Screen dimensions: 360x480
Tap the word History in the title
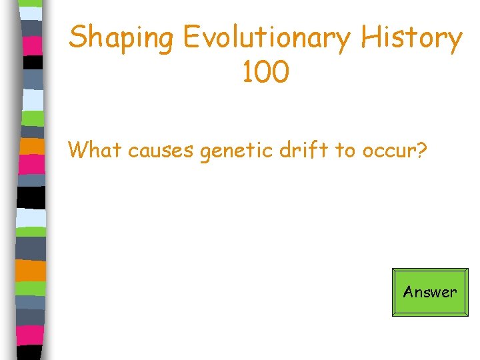pyautogui.click(x=411, y=37)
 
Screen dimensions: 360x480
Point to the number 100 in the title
pyautogui.click(x=265, y=72)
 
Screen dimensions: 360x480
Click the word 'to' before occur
pyautogui.click(x=345, y=151)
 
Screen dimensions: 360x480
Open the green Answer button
pyautogui.click(x=430, y=292)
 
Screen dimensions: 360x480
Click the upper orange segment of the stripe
pyautogui.click(x=32, y=146)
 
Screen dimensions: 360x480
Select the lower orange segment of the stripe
pyautogui.click(x=32, y=269)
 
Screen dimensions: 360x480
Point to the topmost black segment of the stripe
pyautogui.click(x=32, y=62)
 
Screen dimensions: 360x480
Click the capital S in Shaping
pyautogui.click(x=79, y=37)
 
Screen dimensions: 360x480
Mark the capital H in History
pyautogui.click(x=371, y=37)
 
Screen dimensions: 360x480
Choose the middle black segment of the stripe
pyautogui.click(x=32, y=197)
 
